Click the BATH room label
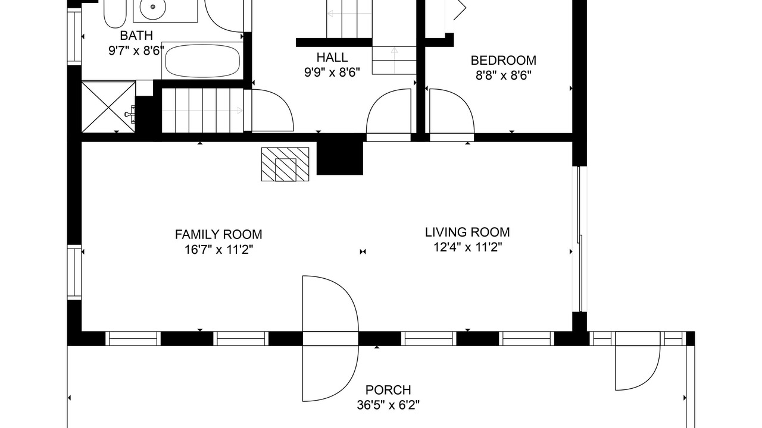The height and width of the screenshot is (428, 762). click(136, 35)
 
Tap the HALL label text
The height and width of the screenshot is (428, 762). click(332, 58)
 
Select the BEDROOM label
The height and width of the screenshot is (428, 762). click(504, 61)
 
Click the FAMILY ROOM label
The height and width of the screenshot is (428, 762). click(218, 234)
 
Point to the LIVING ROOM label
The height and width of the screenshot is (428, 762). click(467, 232)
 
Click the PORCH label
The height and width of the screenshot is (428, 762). click(388, 389)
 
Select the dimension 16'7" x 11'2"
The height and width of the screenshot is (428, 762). click(218, 250)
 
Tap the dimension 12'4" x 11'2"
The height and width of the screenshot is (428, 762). click(467, 247)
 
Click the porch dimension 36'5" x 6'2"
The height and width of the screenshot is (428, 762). click(388, 405)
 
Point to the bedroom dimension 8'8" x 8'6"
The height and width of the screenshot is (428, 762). click(504, 75)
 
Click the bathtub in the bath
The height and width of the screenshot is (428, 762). click(202, 61)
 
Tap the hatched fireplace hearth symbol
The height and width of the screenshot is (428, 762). click(285, 164)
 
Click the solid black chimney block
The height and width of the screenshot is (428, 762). click(340, 154)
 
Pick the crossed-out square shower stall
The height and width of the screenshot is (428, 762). click(108, 106)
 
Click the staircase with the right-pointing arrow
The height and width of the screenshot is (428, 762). click(203, 111)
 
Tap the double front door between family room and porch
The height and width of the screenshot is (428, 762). click(330, 339)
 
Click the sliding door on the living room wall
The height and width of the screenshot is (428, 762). click(581, 239)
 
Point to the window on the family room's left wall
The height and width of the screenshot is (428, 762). click(74, 272)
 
